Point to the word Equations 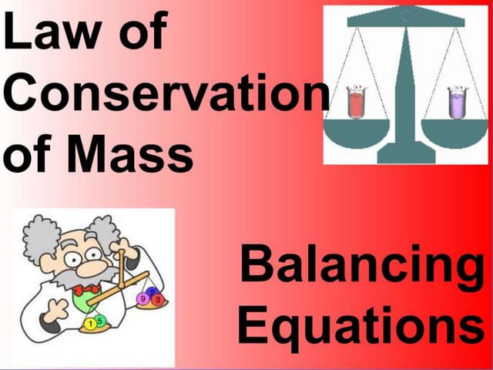(x=359, y=325)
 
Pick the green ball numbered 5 (x=101, y=321)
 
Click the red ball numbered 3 (x=156, y=298)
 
